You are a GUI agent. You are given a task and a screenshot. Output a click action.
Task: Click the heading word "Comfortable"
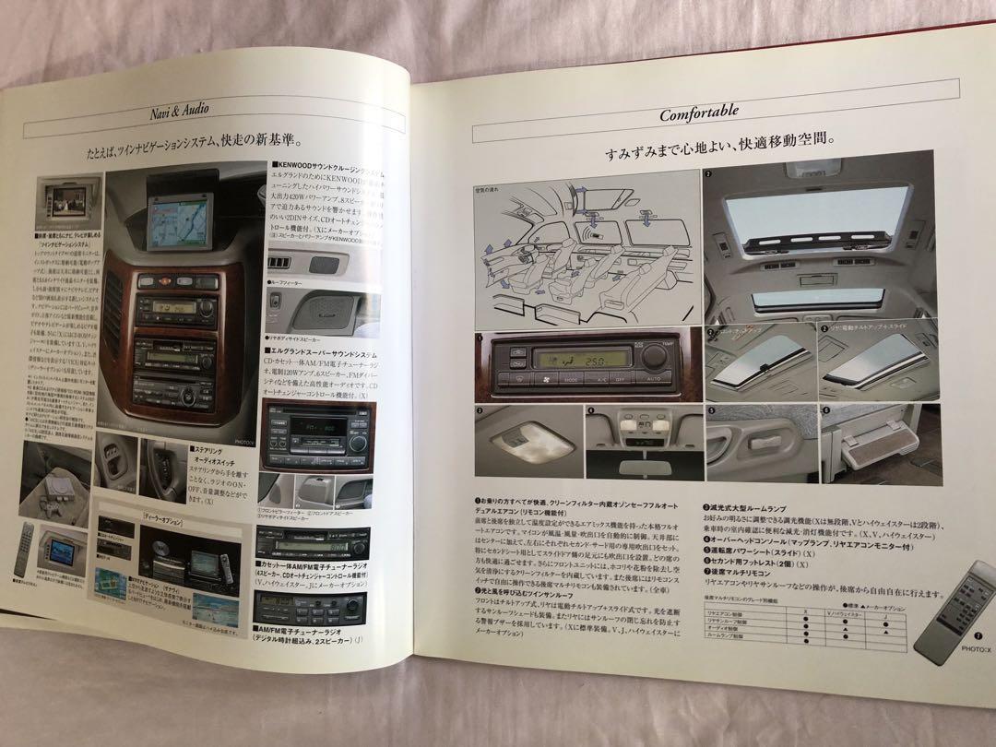[698, 114]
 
